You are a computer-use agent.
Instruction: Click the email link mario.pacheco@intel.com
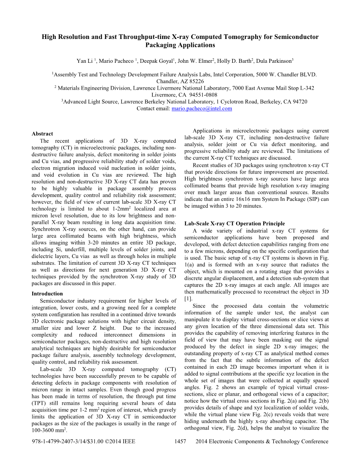click(x=202, y=109)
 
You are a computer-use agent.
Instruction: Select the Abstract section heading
click(x=42, y=134)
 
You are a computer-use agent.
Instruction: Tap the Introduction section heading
click(x=47, y=294)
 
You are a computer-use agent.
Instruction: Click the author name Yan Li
click(x=85, y=61)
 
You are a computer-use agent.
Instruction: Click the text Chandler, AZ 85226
click(x=180, y=81)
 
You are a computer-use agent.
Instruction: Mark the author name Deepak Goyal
click(x=159, y=61)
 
